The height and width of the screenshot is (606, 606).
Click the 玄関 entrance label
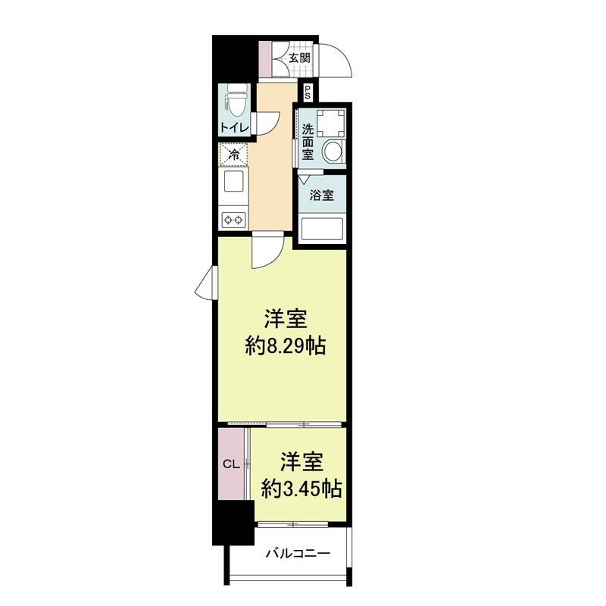[299, 58]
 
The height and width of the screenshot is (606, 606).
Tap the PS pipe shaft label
[308, 93]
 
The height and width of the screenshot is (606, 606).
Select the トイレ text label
[233, 127]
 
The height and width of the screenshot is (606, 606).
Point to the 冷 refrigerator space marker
[233, 155]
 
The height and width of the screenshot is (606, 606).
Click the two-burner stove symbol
[233, 220]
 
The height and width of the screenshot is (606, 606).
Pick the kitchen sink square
[233, 183]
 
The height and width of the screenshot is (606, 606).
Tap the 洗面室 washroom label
[308, 140]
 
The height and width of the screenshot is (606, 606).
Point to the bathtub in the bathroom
[322, 229]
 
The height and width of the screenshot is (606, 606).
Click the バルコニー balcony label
[297, 554]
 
